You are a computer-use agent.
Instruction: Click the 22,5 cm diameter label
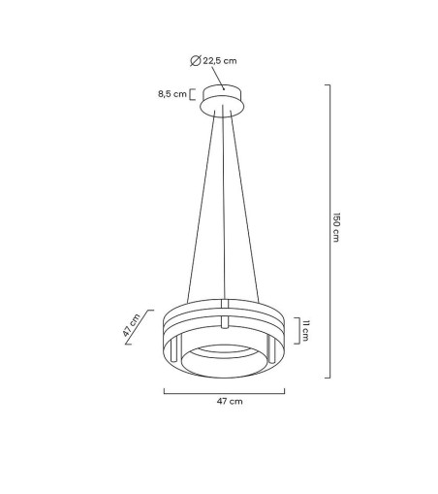pos(220,60)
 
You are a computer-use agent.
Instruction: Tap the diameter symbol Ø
pos(197,60)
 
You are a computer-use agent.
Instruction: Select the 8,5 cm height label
pos(173,95)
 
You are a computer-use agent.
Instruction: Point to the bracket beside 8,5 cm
pos(193,95)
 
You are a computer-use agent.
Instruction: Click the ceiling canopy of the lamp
pos(225,100)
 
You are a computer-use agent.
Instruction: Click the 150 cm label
pos(336,229)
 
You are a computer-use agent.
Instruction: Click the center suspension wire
pos(224,204)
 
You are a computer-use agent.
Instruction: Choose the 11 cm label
pos(305,331)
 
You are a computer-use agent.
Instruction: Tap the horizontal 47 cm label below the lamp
pos(224,400)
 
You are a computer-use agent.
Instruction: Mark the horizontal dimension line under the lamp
pos(224,391)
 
